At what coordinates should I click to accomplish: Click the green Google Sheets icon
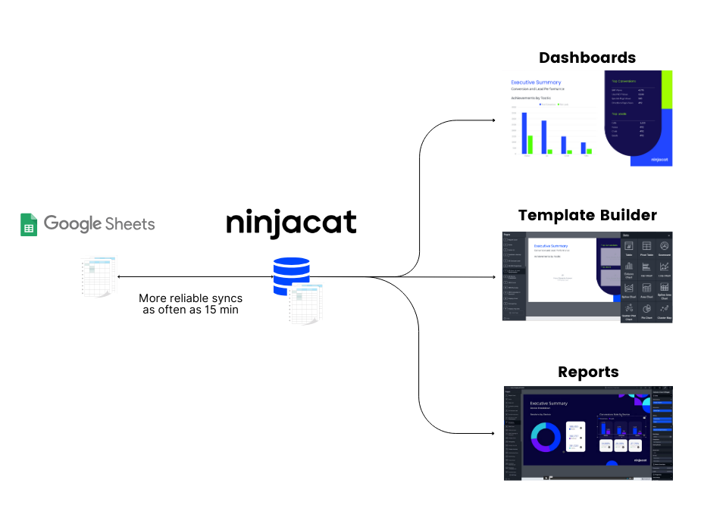coord(29,225)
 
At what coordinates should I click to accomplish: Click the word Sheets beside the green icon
coord(130,224)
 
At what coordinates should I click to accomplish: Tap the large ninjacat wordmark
coord(291,223)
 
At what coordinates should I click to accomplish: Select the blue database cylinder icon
coord(291,276)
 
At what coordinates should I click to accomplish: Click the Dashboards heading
coord(587,58)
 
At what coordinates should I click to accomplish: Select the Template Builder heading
coord(587,216)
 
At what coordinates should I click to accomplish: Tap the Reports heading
coord(588,372)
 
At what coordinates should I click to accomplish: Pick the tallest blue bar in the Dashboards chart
coord(524,133)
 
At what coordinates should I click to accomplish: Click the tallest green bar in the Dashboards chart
coord(530,145)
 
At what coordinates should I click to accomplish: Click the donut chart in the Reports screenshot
coord(546,438)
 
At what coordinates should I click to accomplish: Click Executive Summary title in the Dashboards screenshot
coord(536,82)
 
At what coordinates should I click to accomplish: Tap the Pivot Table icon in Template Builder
coord(646,248)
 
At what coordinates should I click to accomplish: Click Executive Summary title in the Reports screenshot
coord(548,404)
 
